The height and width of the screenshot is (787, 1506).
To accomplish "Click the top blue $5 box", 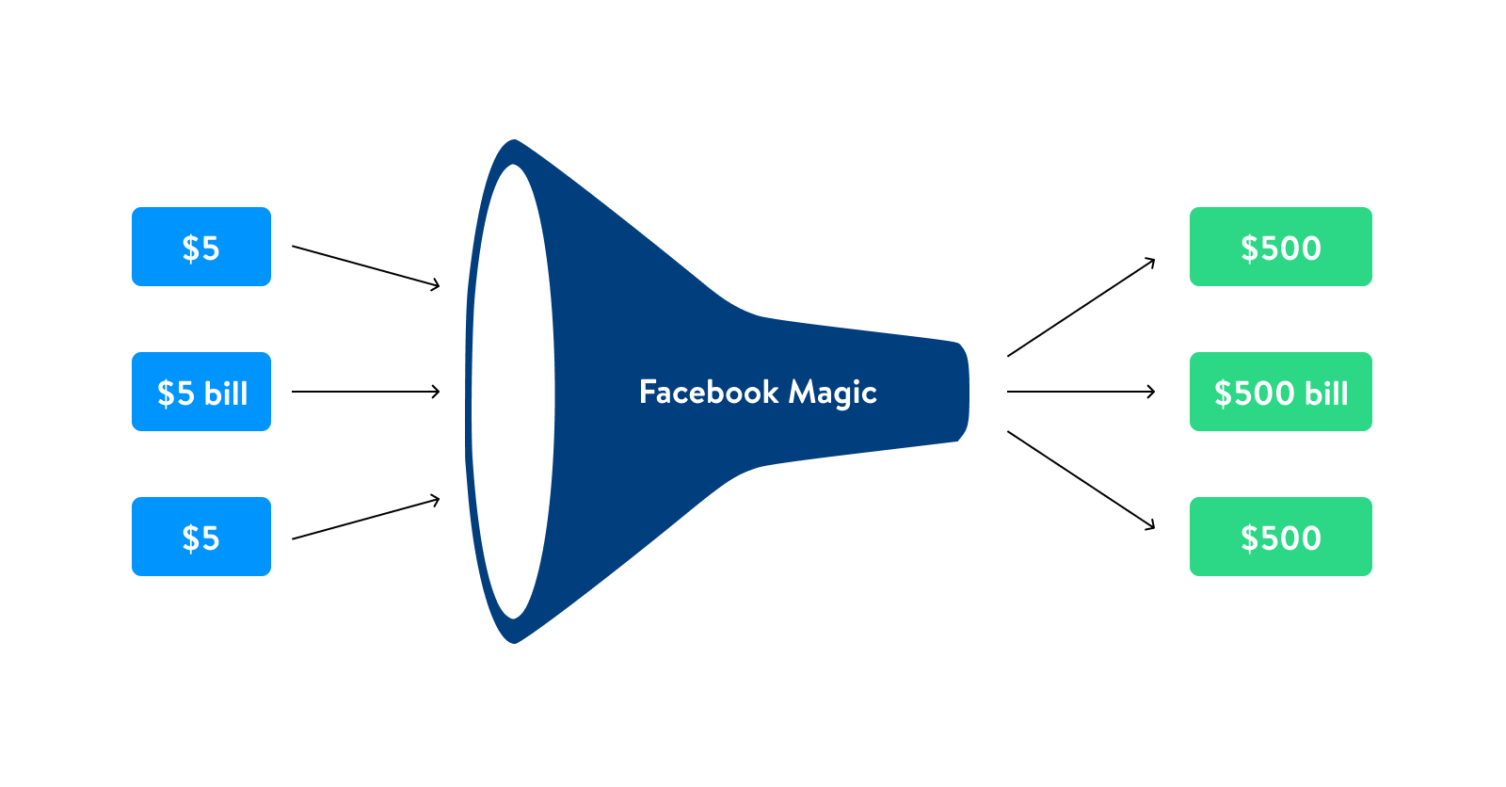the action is (x=201, y=247).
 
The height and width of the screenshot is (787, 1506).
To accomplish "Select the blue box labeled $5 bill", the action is (x=201, y=392).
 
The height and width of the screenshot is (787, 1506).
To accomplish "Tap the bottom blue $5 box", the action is (x=201, y=537).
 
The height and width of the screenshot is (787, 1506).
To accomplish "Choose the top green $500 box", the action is (x=1281, y=247).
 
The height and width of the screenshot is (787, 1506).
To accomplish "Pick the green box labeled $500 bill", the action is (x=1281, y=392).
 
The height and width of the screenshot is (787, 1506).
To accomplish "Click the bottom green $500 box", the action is (x=1281, y=537).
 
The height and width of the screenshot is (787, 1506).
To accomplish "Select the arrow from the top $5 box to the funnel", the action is (x=366, y=266).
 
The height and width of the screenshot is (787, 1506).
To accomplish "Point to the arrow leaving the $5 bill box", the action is (x=366, y=392).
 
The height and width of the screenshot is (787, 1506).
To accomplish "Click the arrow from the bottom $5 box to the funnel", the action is (x=366, y=518).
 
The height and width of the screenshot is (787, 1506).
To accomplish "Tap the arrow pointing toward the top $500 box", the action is (x=1081, y=307).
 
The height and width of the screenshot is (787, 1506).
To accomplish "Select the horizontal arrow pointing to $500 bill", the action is (x=1081, y=392).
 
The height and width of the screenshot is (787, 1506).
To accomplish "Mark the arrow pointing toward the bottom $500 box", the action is (x=1081, y=480).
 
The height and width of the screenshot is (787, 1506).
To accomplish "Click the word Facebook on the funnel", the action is (x=709, y=392).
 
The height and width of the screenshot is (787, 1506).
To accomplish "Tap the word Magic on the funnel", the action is (x=832, y=393).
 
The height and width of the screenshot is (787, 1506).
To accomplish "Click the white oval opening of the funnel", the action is (x=513, y=392).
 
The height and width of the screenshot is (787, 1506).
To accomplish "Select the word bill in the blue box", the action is (x=226, y=393).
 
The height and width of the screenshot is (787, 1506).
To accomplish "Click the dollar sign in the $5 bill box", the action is (x=166, y=393).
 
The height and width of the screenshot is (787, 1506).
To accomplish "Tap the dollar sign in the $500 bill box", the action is (x=1223, y=393).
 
